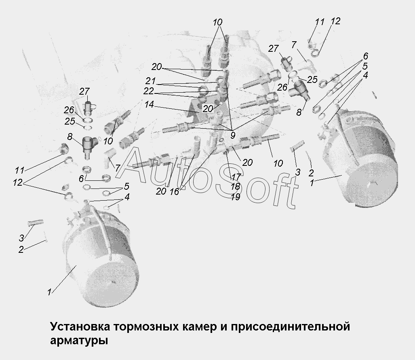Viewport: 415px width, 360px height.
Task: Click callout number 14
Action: (149, 104)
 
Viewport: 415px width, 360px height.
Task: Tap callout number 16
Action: (175, 191)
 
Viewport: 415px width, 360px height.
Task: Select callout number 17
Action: (236, 177)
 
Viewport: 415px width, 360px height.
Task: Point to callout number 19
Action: (235, 197)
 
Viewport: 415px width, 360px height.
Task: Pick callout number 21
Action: (150, 81)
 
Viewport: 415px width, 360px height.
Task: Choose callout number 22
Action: (149, 91)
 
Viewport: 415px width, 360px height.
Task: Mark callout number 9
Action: (233, 136)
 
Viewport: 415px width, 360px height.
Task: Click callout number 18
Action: (235, 187)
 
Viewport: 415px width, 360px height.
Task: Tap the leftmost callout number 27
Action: (84, 91)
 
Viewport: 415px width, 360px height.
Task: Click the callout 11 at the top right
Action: (320, 22)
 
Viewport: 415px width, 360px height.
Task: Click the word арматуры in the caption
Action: (79, 341)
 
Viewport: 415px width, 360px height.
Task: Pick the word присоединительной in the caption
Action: (290, 327)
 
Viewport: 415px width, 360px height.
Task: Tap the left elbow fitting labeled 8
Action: (89, 147)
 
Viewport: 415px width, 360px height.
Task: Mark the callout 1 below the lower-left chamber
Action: (49, 292)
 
